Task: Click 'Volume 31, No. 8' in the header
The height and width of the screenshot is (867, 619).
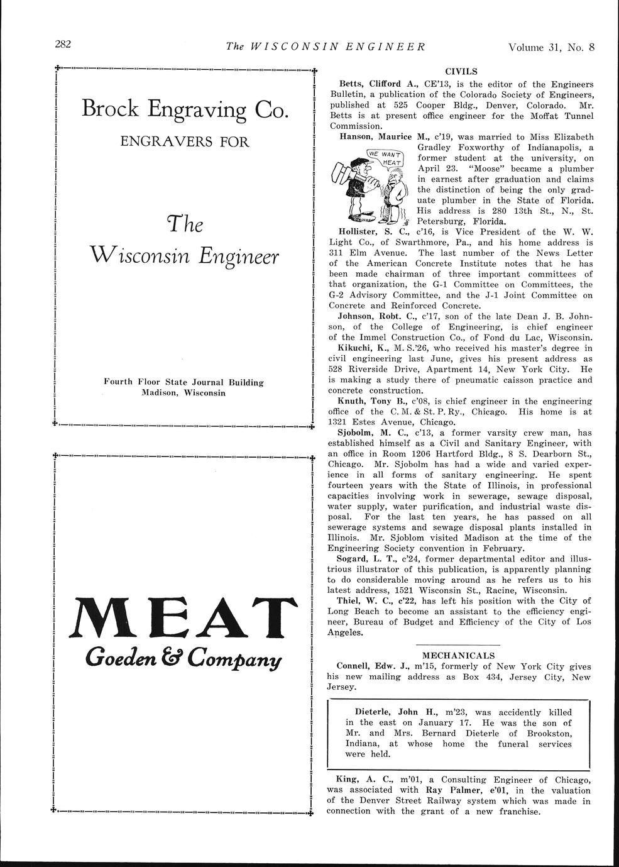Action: pyautogui.click(x=551, y=46)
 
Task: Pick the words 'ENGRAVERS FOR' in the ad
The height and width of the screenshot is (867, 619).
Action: pyautogui.click(x=185, y=141)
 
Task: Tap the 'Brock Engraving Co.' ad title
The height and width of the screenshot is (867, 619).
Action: pyautogui.click(x=185, y=109)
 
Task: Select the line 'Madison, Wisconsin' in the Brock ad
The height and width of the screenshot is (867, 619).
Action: pyautogui.click(x=184, y=392)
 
